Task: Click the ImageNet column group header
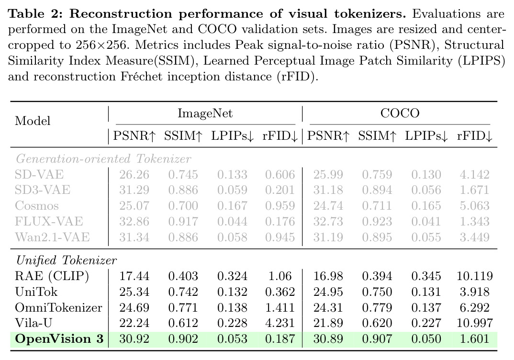click(x=205, y=113)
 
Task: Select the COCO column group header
click(x=400, y=113)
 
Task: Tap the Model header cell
click(x=33, y=121)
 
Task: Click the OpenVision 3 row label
click(x=59, y=338)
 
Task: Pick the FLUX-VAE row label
click(x=49, y=221)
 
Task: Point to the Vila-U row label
click(x=34, y=323)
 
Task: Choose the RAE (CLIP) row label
click(x=52, y=276)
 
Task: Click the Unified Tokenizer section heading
click(x=66, y=260)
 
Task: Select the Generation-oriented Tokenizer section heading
click(x=103, y=159)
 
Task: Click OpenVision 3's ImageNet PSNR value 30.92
click(x=134, y=338)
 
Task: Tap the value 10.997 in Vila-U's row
click(x=475, y=323)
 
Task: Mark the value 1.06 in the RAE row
click(x=280, y=276)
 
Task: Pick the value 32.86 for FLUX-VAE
click(x=134, y=221)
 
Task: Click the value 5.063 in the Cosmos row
click(x=475, y=205)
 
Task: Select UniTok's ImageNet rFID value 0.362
click(x=280, y=292)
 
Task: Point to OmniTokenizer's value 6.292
click(x=475, y=307)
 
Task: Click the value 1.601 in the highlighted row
click(x=475, y=338)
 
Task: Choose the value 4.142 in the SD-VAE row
click(x=475, y=174)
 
